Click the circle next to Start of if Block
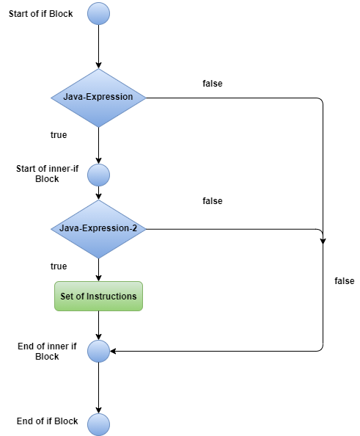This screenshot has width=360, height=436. point(98,13)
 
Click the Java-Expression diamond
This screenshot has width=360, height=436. point(98,98)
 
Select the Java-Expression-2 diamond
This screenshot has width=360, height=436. point(98,229)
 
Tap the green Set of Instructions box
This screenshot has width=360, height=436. point(98,297)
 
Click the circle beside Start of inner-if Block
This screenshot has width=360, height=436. point(98,175)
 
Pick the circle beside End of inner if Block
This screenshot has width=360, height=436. point(98,351)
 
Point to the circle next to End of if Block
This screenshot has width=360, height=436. point(98,424)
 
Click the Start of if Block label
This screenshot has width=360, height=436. point(41,13)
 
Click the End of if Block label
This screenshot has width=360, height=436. point(48,421)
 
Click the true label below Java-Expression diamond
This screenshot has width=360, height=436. point(58,135)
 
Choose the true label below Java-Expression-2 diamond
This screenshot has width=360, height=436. point(58,266)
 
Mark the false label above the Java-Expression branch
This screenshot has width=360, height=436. point(213,84)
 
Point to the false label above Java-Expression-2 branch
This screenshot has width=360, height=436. point(213,200)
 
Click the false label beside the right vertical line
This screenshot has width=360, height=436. point(344,281)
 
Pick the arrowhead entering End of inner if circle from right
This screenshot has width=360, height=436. point(114,351)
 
